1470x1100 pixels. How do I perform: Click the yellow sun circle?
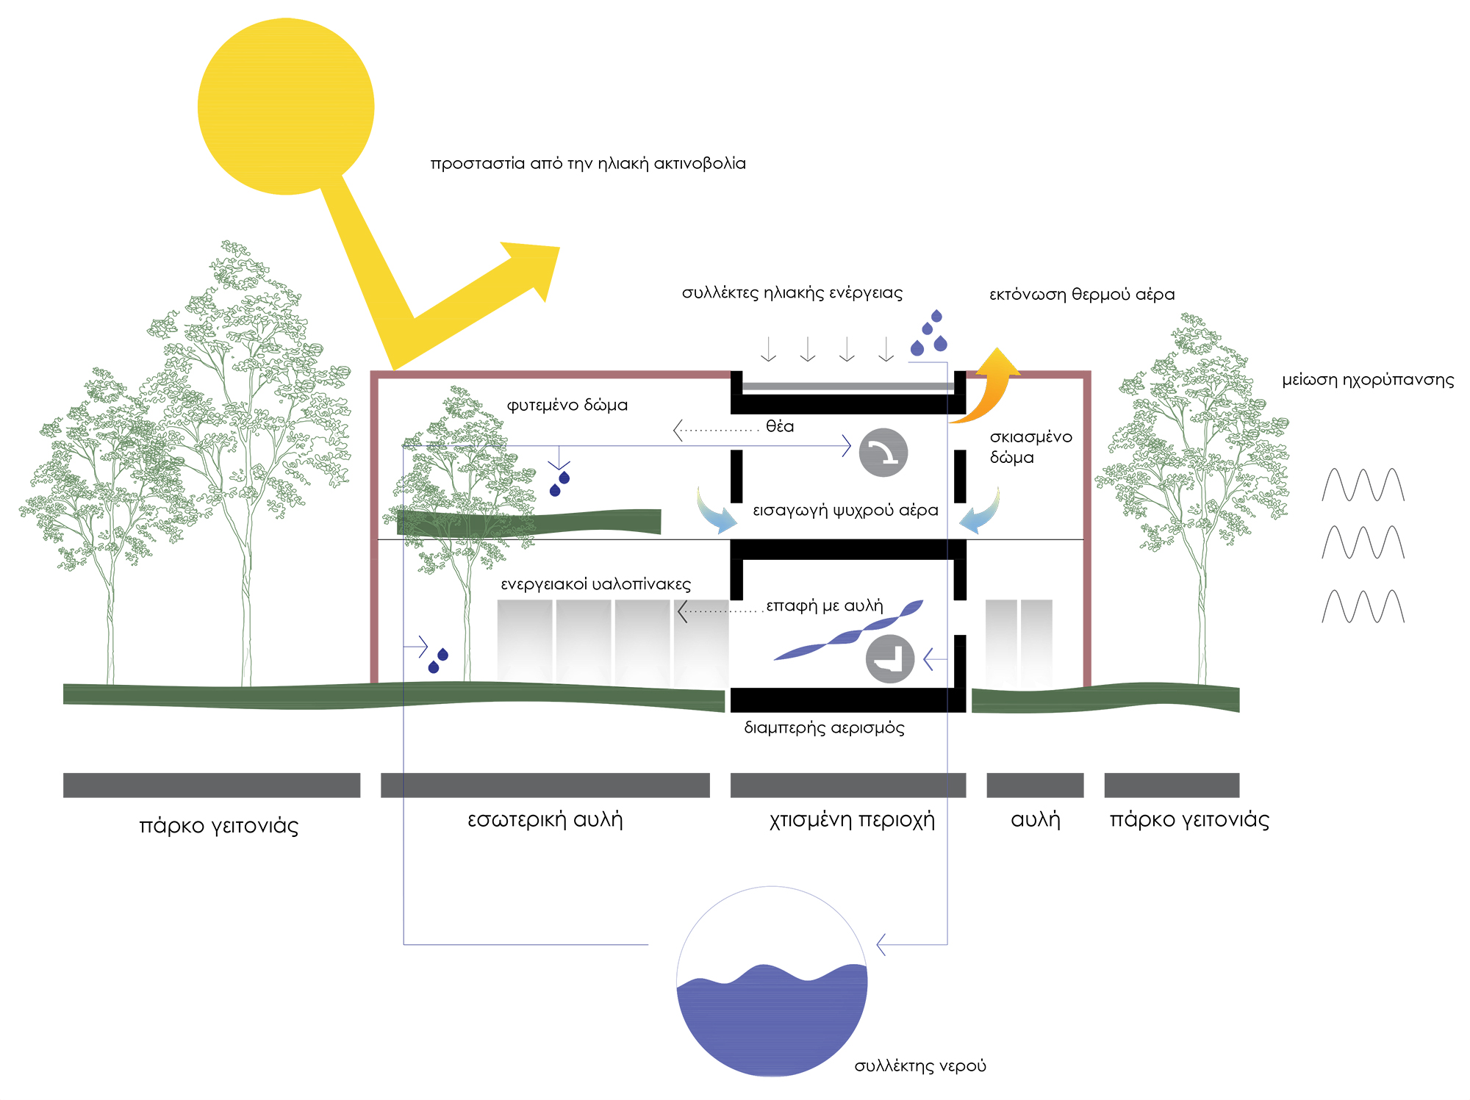pos(286,107)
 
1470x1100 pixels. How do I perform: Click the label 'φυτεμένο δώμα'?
pos(567,405)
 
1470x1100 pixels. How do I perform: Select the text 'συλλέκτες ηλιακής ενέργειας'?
pos(792,292)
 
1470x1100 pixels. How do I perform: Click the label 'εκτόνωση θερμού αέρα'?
pos(1081,295)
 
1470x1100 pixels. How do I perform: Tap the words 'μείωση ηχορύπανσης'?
pos(1368,380)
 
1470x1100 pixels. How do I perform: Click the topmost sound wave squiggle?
pos(1363,485)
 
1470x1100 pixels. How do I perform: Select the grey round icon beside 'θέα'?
pos(883,453)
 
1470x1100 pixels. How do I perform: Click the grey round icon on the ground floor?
pos(890,659)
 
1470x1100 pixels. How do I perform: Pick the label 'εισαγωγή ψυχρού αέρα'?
pos(845,510)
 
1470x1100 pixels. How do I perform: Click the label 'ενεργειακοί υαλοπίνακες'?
pos(595,584)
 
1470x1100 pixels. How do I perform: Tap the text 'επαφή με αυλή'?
pos(824,605)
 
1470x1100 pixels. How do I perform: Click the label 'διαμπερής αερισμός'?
pos(824,728)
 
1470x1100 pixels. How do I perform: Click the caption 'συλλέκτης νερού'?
pos(919,1065)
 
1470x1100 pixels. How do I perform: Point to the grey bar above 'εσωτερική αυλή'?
pos(545,785)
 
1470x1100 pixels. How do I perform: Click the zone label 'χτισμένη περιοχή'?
pos(852,819)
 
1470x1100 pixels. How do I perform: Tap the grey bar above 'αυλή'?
pos(1034,785)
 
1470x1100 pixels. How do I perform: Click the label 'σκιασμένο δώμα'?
pos(1030,447)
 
